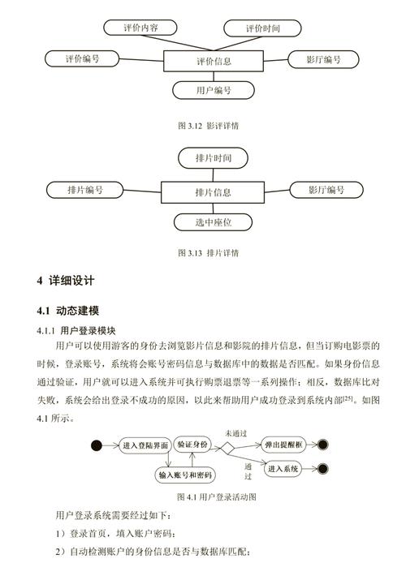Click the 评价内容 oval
coord(140,28)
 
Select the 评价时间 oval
coord(262,28)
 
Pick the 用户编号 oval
coord(214,90)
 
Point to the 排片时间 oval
coord(214,157)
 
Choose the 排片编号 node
coord(85,191)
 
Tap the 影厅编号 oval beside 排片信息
coord(326,191)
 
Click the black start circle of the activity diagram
coord(98,445)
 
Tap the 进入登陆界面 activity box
coord(145,445)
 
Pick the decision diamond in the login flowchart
coord(228,445)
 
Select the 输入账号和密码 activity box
coord(185,475)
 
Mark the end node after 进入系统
coord(324,469)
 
